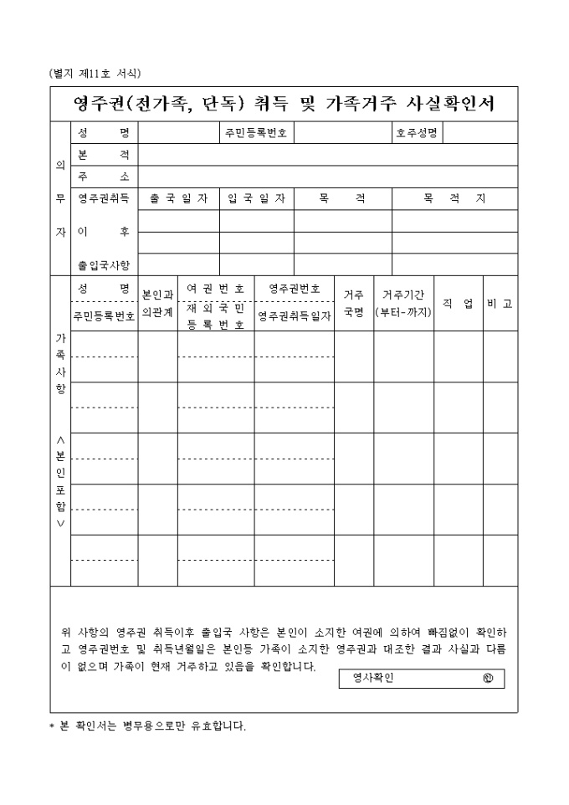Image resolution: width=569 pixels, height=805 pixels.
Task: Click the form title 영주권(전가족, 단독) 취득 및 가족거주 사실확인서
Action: coord(284,104)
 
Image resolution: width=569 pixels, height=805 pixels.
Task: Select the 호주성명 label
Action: coord(417,134)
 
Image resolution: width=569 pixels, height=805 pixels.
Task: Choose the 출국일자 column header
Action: coord(179,198)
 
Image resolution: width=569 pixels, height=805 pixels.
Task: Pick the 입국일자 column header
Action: coord(257,198)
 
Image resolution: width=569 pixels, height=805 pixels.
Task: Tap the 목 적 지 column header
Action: coord(454,198)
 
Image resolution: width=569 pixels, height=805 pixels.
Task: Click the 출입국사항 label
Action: coord(104,264)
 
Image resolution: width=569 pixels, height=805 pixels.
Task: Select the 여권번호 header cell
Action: coord(215,288)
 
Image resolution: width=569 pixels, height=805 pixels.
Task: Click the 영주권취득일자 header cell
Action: coord(295,316)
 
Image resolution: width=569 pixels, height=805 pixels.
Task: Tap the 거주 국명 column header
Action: coord(353,303)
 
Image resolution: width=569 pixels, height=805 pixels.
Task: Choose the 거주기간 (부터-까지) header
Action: coord(403,303)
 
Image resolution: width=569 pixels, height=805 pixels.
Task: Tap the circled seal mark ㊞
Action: coord(488,679)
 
